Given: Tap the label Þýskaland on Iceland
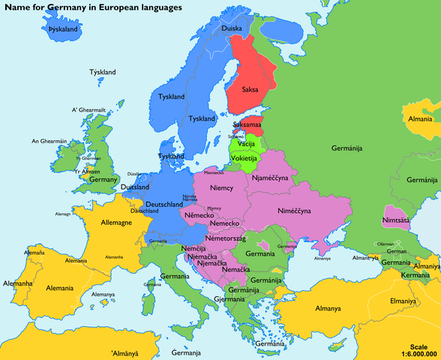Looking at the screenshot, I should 63,29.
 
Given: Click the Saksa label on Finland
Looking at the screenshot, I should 250,89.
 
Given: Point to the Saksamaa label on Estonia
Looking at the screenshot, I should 247,123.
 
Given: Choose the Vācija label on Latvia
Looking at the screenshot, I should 247,143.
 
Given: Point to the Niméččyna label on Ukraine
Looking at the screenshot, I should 294,211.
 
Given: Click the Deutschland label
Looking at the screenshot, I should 163,204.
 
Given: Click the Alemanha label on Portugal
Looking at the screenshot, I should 18,283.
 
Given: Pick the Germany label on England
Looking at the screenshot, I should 103,179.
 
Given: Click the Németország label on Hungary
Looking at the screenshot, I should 230,238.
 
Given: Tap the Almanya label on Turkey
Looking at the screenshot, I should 328,307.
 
